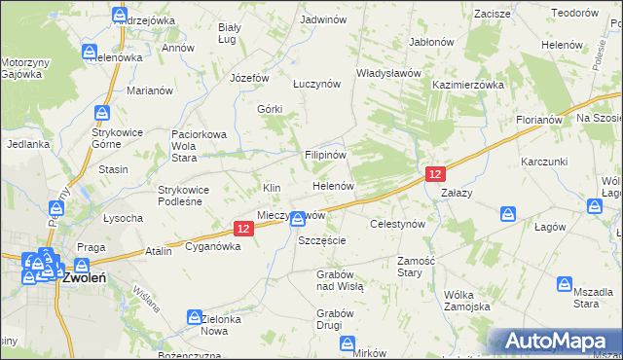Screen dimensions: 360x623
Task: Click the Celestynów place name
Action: coord(398,224)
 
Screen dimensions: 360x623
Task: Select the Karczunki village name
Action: coord(544,160)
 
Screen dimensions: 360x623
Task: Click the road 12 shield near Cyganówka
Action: coord(244,228)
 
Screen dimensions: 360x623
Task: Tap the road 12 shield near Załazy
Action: coord(435,173)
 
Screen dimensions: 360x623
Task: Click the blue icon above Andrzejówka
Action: coord(120,15)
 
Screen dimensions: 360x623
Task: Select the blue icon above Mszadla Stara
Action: coord(565,284)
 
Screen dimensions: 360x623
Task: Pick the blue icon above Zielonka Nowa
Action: coord(194,317)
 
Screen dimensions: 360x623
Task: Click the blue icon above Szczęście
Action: coord(298,221)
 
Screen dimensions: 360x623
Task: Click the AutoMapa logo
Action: coord(557,342)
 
